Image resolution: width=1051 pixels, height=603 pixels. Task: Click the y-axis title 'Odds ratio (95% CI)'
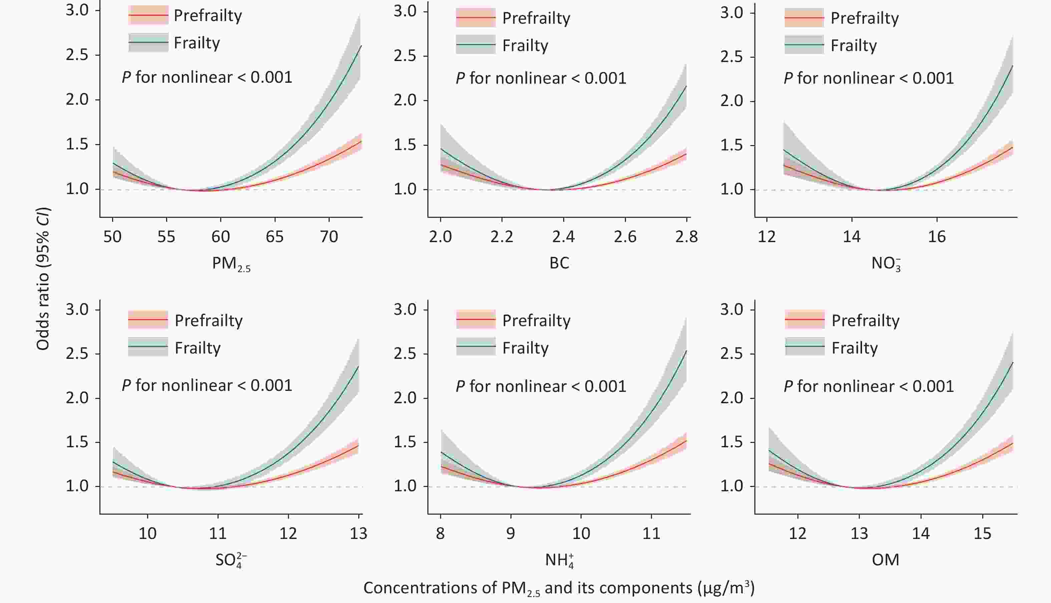coord(43,280)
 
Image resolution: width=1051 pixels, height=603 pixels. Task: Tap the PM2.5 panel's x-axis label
coord(231,264)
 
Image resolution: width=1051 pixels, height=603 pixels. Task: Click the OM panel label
coord(886,560)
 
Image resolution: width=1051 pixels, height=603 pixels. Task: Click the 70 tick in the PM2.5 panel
coord(329,237)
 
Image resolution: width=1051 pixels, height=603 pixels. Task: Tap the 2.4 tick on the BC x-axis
coord(564,237)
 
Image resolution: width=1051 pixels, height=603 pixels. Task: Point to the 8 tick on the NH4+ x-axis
coord(440,533)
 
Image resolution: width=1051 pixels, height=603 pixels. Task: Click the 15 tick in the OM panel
coord(982,533)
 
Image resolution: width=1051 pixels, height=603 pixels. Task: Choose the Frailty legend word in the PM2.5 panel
coord(197,43)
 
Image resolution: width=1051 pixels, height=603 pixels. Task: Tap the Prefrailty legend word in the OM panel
coord(866,321)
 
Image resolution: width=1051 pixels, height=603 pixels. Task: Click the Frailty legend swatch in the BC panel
coord(475,44)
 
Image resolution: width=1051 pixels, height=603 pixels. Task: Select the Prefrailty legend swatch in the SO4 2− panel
coord(148,320)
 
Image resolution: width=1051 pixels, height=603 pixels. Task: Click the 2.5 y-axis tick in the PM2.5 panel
coord(77,55)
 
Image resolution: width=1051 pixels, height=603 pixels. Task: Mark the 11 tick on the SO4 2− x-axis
coord(218,533)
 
